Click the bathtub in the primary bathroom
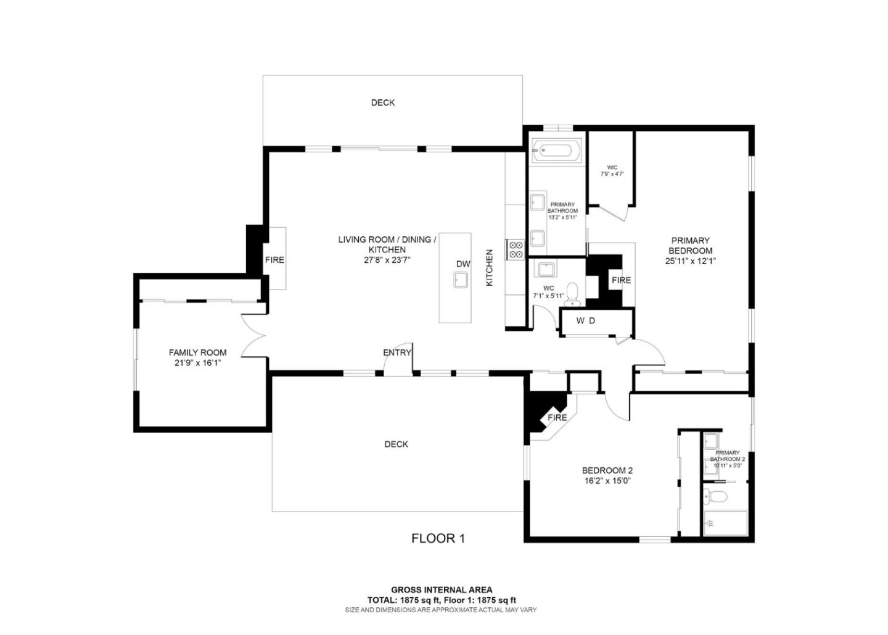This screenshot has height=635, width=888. coord(556,150)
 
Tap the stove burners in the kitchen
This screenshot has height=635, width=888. coord(515,249)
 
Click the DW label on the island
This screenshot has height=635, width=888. coord(463,264)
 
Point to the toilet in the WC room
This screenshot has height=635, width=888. coord(573,294)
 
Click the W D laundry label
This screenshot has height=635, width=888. coord(586,320)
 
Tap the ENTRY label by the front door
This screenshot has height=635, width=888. coord(397,352)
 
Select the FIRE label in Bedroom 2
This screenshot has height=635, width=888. coord(557,417)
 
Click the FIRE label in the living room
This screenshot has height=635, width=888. coord(274,260)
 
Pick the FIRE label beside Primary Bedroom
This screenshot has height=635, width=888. coord(621,280)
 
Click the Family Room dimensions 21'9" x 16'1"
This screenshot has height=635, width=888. coord(197,363)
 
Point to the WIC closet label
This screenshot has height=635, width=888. coord(612,167)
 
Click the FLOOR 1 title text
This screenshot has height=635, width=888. coord(438,538)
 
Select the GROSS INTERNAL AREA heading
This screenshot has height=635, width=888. coord(442,590)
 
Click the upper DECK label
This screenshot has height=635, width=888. coord(383,102)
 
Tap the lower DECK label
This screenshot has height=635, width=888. coord(396,444)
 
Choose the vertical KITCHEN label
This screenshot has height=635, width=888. coord(490,267)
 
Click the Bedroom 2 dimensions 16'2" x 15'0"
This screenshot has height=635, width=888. coord(607,481)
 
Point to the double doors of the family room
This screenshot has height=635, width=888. coord(254,336)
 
